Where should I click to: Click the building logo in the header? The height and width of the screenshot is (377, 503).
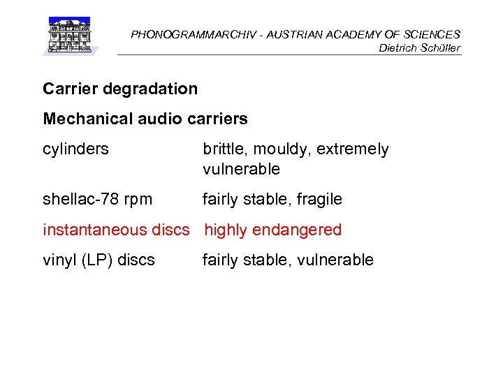(x=69, y=36)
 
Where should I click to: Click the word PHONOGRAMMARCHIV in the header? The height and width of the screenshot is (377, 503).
(x=177, y=34)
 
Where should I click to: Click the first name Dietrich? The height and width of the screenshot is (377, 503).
(x=396, y=48)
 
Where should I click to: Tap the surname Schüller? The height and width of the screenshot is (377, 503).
(x=439, y=48)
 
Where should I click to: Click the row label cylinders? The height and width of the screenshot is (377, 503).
(x=75, y=149)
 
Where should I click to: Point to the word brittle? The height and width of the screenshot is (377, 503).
(x=225, y=149)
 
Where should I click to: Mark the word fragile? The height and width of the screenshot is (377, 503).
(x=319, y=200)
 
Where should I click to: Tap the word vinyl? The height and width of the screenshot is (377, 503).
(x=59, y=260)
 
